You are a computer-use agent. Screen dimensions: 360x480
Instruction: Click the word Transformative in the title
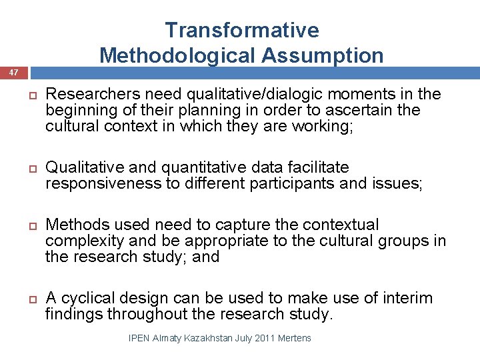click(x=242, y=30)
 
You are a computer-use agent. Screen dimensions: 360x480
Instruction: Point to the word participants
click(x=291, y=183)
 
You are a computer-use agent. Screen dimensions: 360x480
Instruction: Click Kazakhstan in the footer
click(x=213, y=338)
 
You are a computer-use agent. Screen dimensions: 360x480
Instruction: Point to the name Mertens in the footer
click(x=299, y=338)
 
